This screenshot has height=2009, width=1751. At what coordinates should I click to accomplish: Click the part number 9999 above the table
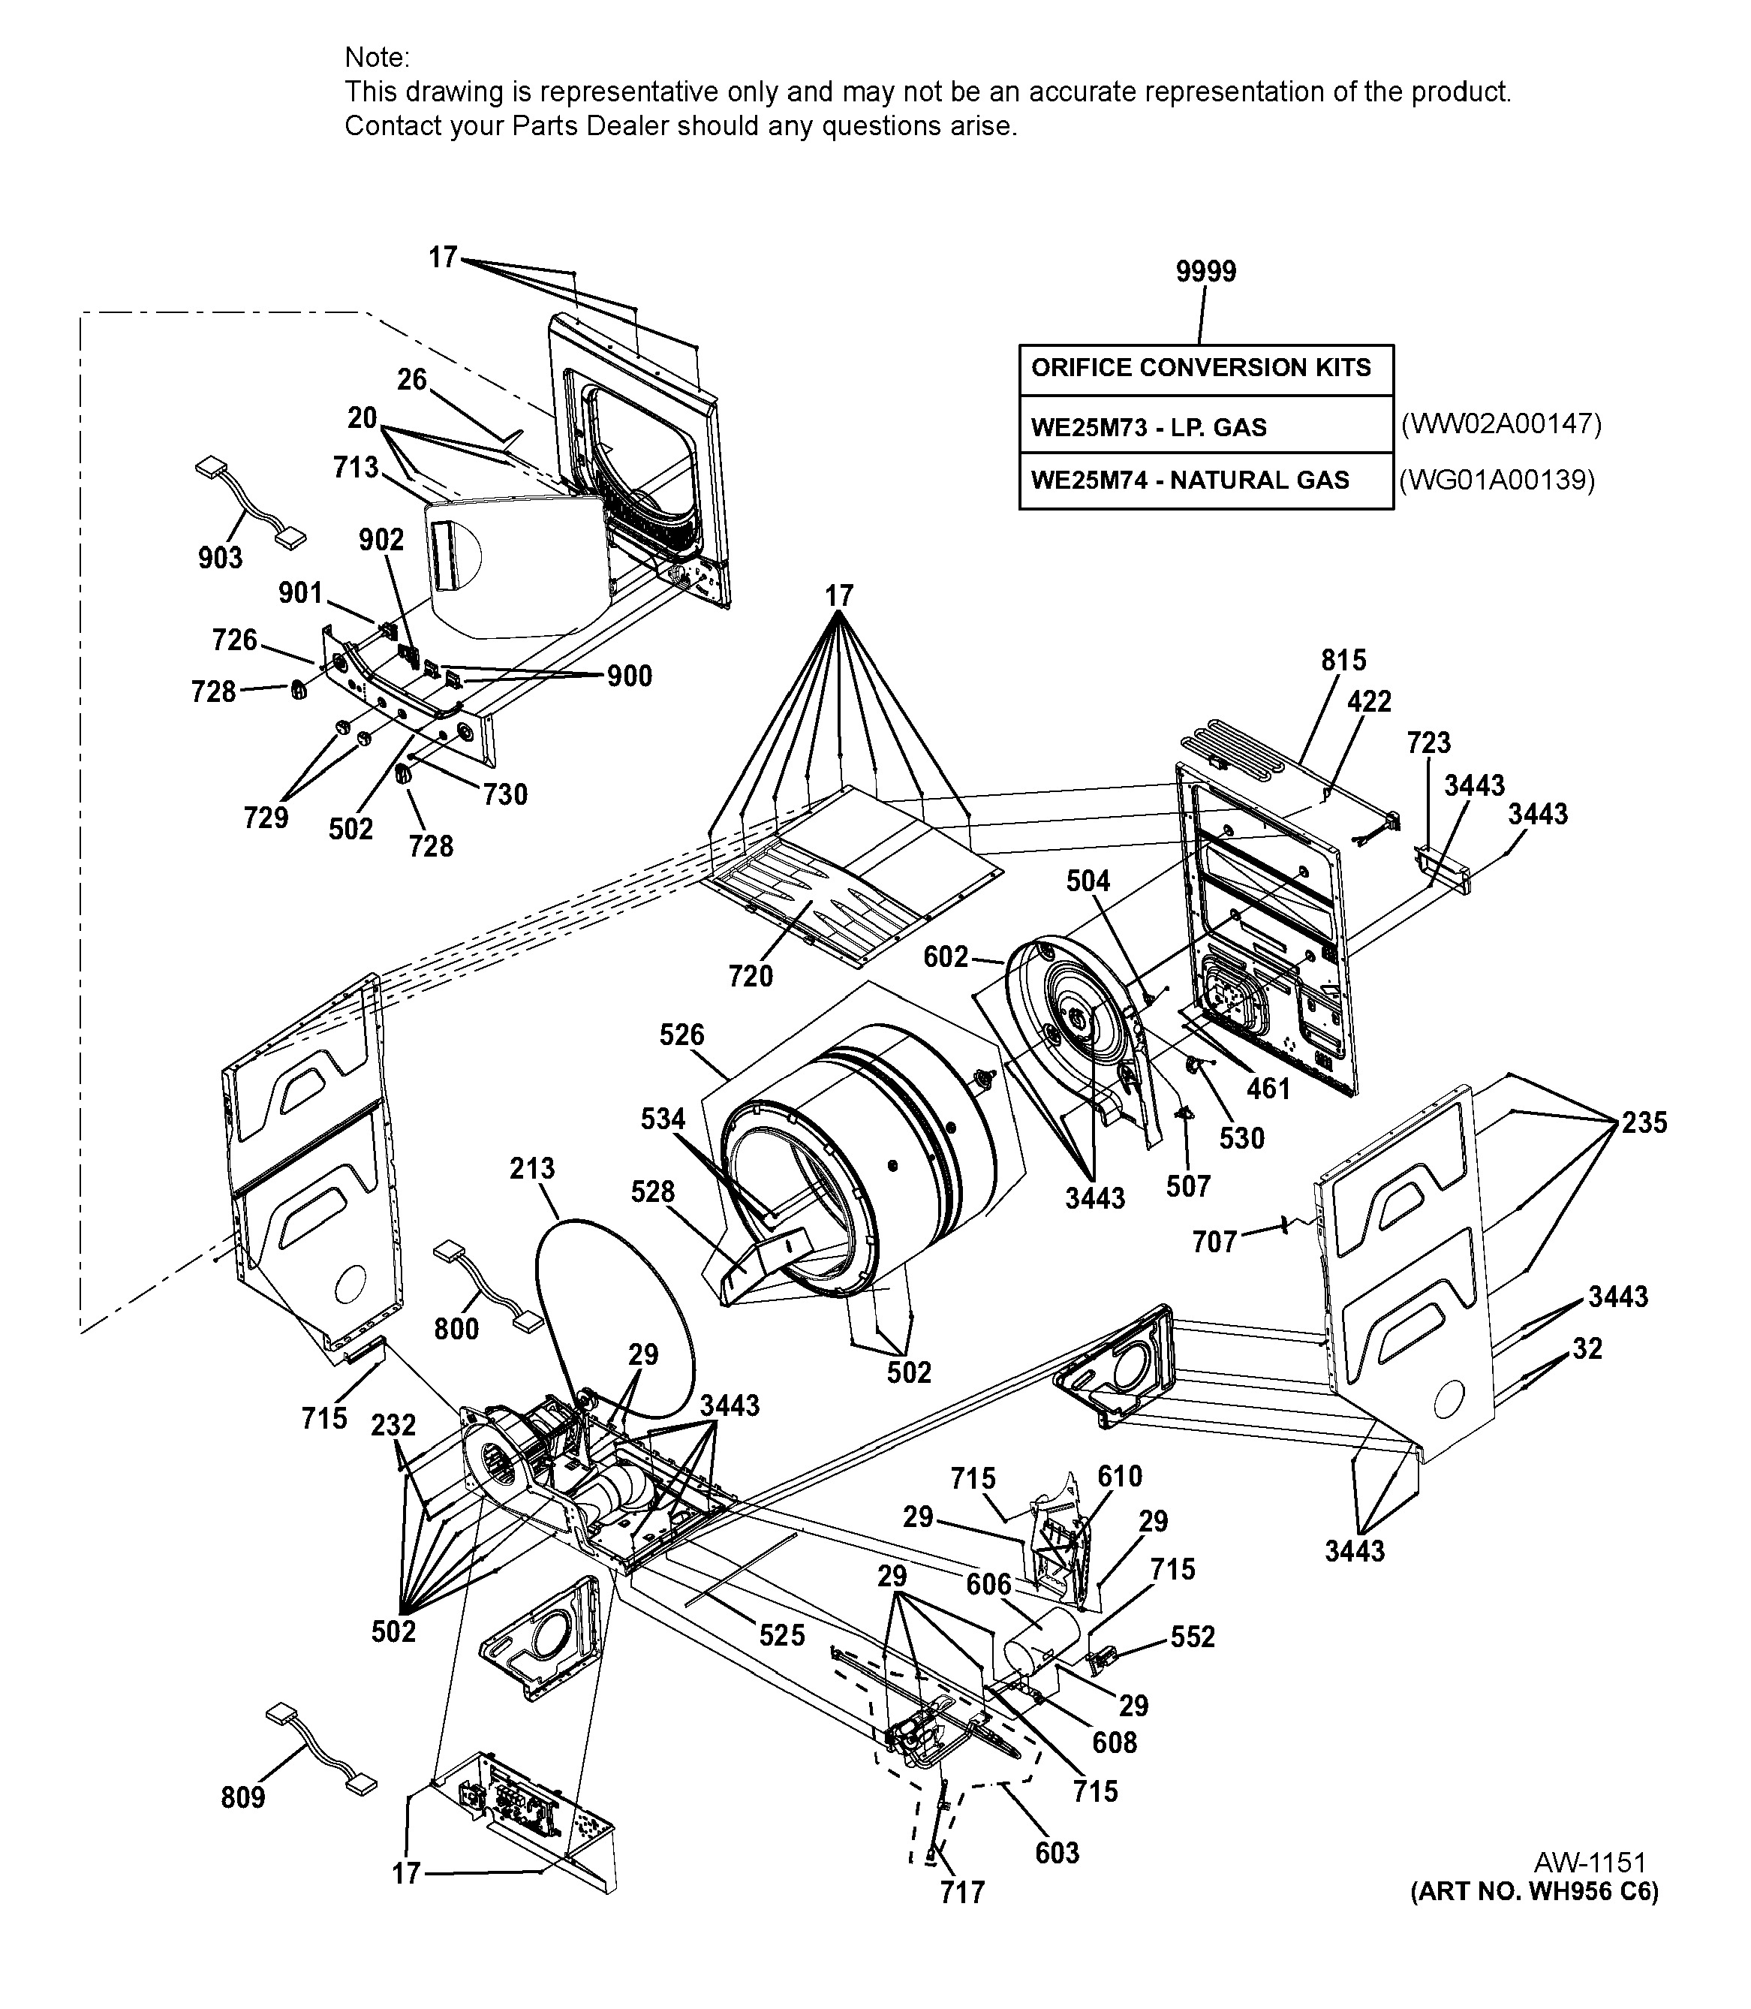coord(1206,272)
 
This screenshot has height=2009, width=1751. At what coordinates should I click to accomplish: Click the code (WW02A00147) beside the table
coord(1501,423)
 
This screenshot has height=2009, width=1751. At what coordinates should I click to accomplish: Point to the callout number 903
coord(220,557)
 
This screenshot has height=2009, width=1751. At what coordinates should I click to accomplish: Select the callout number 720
coord(751,975)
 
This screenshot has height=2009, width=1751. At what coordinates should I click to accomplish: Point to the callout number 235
coord(1644,1122)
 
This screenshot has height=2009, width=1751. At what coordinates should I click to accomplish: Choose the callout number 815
coord(1343,661)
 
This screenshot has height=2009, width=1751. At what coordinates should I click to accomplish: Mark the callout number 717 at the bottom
coord(962,1893)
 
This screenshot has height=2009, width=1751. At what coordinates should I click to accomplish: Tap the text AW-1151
coord(1590,1863)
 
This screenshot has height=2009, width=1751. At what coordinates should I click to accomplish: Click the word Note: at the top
coord(378,58)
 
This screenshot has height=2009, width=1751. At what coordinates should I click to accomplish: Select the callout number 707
coord(1214,1242)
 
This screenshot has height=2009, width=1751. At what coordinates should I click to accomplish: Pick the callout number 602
coord(946,956)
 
